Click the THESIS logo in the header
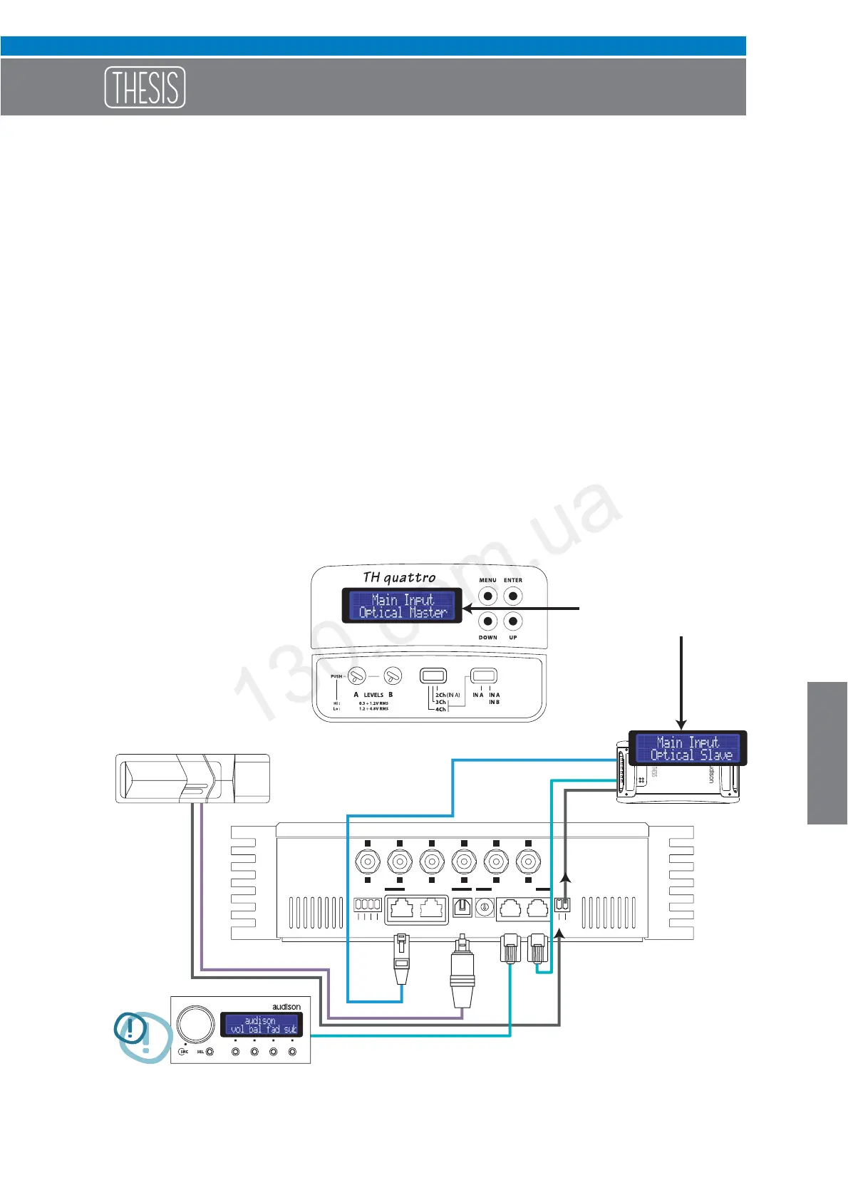click(x=145, y=87)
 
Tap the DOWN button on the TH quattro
click(x=487, y=621)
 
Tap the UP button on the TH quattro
click(x=513, y=621)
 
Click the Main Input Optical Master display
click(x=403, y=606)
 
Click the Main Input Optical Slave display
click(x=688, y=748)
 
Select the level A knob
click(x=357, y=676)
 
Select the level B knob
click(x=393, y=676)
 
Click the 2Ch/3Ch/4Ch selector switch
click(x=433, y=676)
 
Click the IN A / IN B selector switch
click(x=484, y=676)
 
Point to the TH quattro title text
click(x=399, y=577)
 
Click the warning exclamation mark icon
click(x=131, y=1029)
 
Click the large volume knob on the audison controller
click(x=196, y=1024)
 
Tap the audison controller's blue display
click(x=261, y=1025)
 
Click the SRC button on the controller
click(x=183, y=1052)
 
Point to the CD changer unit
click(x=192, y=778)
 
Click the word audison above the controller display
click(x=286, y=1007)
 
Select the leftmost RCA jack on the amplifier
click(x=368, y=862)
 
